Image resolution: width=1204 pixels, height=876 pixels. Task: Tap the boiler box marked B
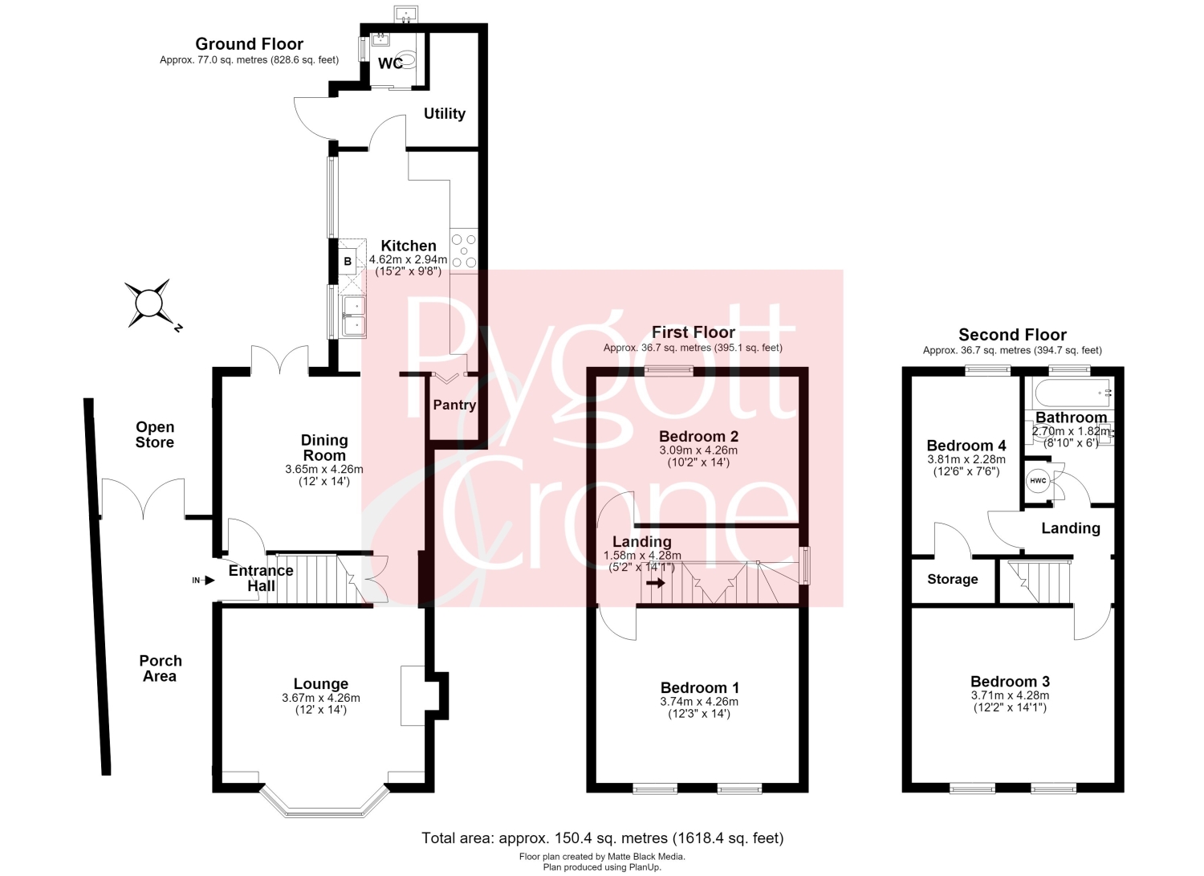click(x=348, y=261)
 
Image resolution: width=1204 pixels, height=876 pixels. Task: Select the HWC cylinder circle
click(x=1038, y=481)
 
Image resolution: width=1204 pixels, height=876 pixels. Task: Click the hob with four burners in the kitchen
click(x=464, y=251)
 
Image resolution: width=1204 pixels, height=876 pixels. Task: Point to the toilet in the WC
click(x=409, y=59)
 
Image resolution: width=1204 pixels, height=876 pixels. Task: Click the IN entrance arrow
click(x=204, y=581)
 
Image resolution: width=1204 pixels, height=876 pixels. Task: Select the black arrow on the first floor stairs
click(x=656, y=582)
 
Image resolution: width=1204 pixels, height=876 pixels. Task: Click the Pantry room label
click(x=455, y=405)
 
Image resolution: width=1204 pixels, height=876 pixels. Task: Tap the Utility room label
click(x=445, y=113)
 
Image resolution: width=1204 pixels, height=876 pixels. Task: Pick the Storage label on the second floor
click(x=953, y=579)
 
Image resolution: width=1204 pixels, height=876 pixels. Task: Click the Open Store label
click(x=155, y=434)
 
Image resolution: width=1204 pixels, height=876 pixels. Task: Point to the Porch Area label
click(x=161, y=668)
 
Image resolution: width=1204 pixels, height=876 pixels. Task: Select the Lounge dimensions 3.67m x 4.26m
click(x=321, y=698)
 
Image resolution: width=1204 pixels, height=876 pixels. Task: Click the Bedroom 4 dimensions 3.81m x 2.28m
click(x=966, y=460)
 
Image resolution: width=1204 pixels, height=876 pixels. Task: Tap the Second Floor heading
click(x=1012, y=335)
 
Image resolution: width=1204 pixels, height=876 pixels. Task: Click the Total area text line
click(x=603, y=837)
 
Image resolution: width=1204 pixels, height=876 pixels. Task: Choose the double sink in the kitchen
click(x=353, y=316)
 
